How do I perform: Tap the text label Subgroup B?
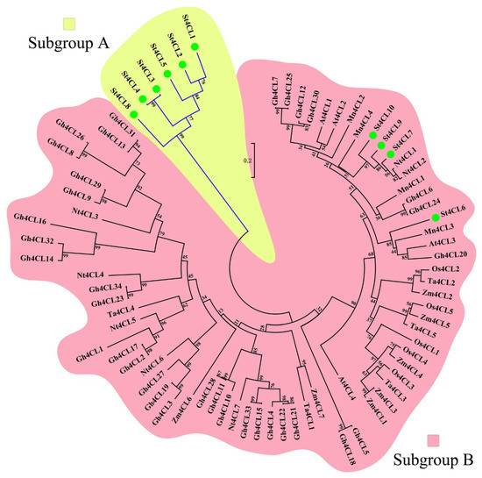[430, 460]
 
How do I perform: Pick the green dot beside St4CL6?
[435, 217]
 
